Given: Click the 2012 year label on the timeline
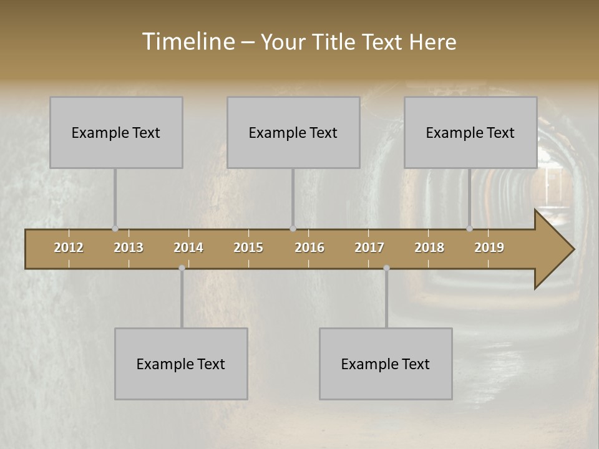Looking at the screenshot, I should [x=69, y=248].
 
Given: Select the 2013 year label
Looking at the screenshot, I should [x=129, y=248].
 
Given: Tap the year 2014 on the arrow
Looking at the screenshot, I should [x=188, y=248].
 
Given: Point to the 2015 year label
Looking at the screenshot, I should [x=248, y=248].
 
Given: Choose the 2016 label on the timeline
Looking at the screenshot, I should [x=309, y=248].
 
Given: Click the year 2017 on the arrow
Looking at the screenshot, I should [x=369, y=248].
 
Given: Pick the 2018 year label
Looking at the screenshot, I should [x=429, y=248].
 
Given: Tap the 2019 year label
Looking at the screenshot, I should [x=489, y=248].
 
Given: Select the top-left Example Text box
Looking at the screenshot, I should [x=116, y=132].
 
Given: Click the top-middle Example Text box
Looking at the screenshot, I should [x=293, y=132].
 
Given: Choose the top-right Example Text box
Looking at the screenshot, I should [x=470, y=132].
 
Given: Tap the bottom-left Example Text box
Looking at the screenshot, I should [x=181, y=364].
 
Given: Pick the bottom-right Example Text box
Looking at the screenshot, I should [x=386, y=364].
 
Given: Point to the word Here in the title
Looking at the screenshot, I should [x=433, y=42].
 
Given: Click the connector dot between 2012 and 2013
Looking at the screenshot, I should [x=115, y=229].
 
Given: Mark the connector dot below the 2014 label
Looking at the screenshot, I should [x=182, y=268].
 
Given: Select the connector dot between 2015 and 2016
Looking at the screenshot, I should [x=293, y=229].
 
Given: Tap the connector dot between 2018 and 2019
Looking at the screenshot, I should [x=470, y=229].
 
